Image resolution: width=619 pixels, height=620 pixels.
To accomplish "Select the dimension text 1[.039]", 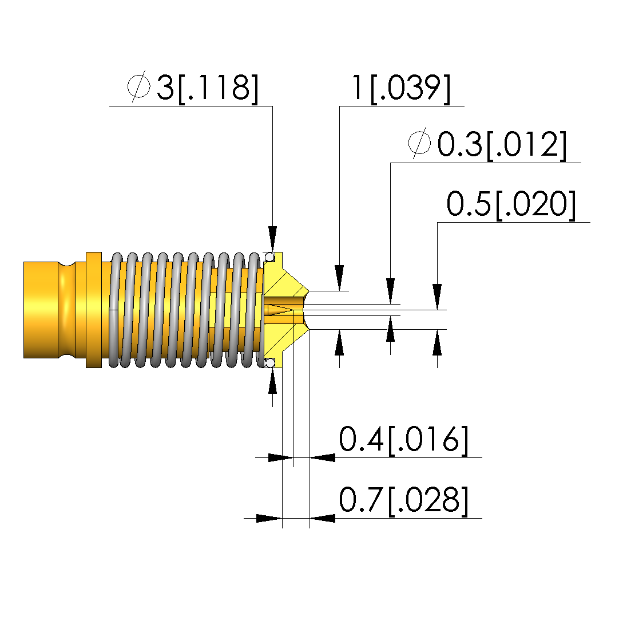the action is point(401,88).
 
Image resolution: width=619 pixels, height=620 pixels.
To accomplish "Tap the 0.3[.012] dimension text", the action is point(502,144).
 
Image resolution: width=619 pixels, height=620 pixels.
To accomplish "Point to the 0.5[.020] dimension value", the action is point(511,204).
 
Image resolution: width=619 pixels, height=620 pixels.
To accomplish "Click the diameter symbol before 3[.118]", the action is point(138,86).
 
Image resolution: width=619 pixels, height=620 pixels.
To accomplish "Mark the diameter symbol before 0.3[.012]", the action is point(419,143).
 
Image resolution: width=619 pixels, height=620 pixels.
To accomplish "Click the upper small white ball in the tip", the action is point(270,258).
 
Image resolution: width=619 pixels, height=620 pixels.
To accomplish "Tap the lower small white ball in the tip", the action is point(270,362).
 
